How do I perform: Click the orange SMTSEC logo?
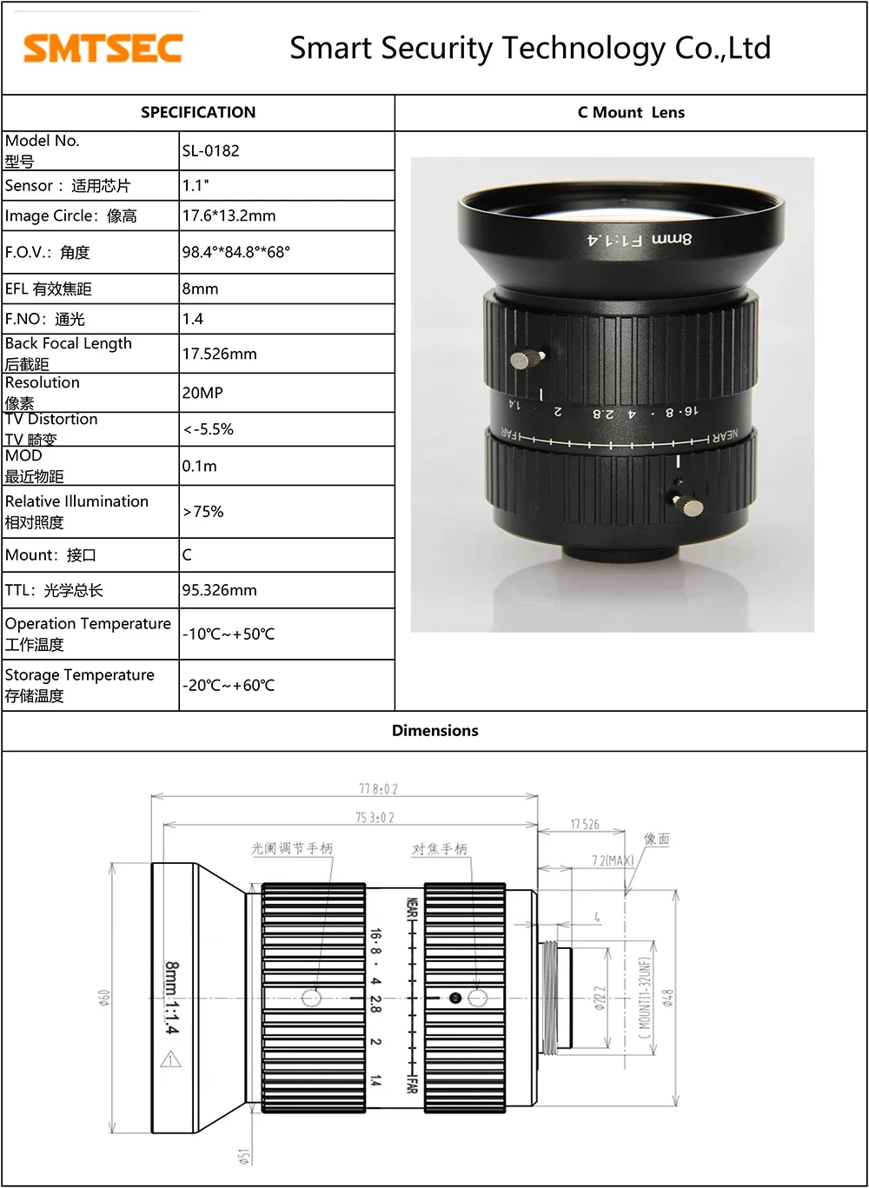click(103, 48)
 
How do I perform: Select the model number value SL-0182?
click(210, 151)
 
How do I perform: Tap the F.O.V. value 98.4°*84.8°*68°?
click(235, 253)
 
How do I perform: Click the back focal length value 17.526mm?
click(219, 354)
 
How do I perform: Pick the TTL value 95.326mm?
click(219, 590)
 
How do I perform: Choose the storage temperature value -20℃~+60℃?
click(228, 686)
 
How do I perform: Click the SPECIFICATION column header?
click(198, 113)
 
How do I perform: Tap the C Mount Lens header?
click(631, 113)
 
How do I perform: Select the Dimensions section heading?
click(434, 731)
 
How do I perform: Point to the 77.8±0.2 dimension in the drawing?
click(378, 789)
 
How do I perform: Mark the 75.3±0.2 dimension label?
click(375, 818)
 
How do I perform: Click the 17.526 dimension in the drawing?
click(585, 824)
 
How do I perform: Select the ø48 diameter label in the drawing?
click(667, 998)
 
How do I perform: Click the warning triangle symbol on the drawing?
click(170, 1059)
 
